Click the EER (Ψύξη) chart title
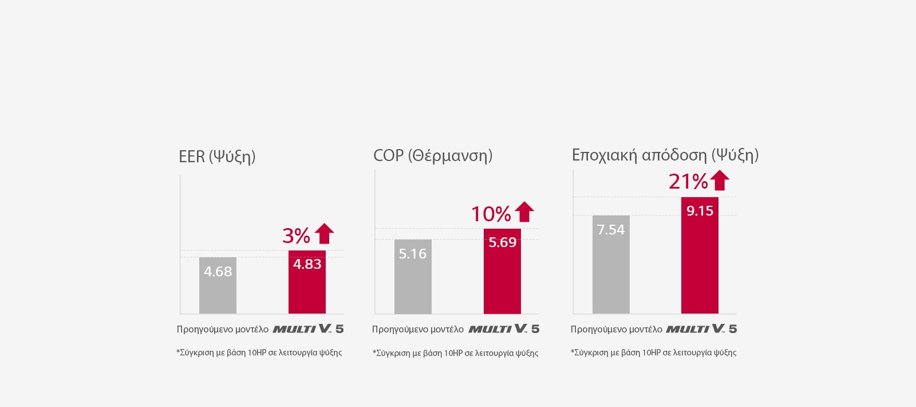pos(217,156)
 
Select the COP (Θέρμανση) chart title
pos(433,155)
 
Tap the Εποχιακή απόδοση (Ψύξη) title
pos(665,155)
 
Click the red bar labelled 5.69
pos(502,272)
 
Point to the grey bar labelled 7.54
pos(611,265)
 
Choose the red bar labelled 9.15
pos(700,256)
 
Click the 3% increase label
pos(296,236)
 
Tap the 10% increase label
pos(491,214)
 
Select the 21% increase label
pos(688,181)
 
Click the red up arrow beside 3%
pos(325,233)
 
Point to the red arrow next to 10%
pos(524,212)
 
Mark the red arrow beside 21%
pos(720,180)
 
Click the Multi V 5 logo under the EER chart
pos(308,328)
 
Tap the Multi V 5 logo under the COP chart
pos(504,328)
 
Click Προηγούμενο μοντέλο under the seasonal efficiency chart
pos(616,329)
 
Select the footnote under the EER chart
pos(259,353)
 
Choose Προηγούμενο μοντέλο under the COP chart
pos(417,329)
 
